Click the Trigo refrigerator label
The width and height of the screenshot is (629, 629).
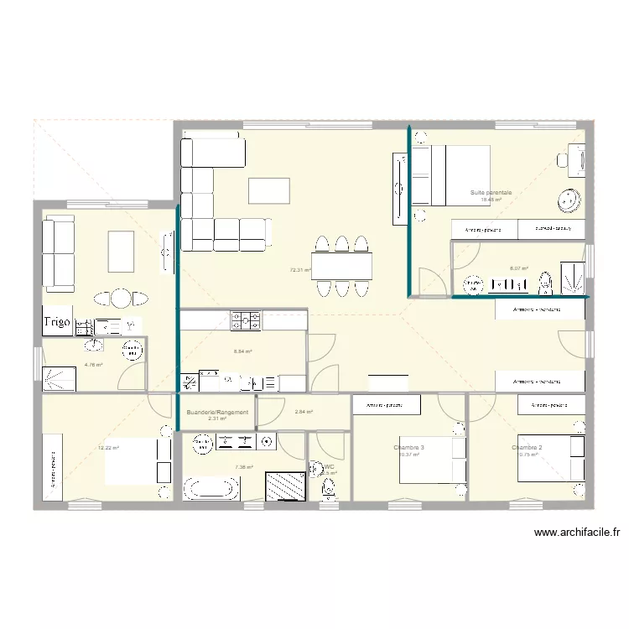(x=57, y=321)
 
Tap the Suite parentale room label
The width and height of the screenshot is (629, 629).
(x=491, y=193)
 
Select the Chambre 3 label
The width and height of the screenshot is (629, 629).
(x=408, y=448)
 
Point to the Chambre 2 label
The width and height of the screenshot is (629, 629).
(x=527, y=448)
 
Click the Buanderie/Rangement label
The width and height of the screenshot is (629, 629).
(x=217, y=413)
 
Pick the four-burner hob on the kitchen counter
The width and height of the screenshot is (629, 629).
(x=246, y=320)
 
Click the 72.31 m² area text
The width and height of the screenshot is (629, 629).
(x=300, y=271)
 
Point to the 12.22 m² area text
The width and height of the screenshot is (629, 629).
(x=108, y=448)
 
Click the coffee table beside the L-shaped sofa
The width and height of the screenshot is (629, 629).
(x=268, y=190)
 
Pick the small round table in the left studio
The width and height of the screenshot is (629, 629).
(x=122, y=298)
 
